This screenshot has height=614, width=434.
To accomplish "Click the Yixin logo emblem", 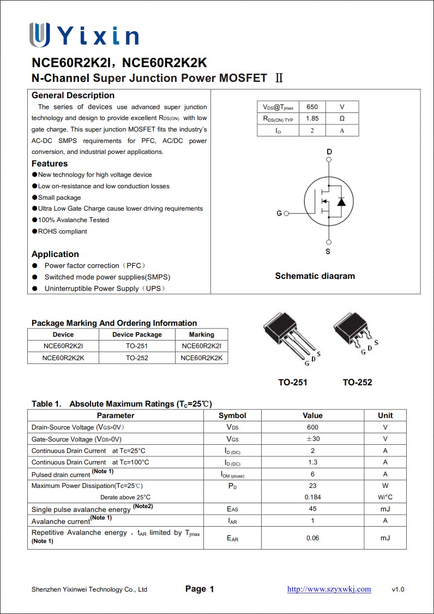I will coord(40,34).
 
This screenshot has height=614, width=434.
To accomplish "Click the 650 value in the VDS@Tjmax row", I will coord(312,107).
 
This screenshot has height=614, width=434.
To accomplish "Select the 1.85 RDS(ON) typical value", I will coord(312,118).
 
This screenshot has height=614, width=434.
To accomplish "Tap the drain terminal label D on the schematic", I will coord(329,151).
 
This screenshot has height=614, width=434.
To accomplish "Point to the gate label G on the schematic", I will coord(279,213).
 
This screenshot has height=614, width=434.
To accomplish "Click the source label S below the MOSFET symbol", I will coord(328,252).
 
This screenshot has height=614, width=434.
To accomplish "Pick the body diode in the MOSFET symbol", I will coord(341,202).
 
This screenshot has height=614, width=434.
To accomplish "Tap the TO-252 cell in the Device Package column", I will coord(137,358).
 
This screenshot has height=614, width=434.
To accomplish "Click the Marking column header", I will coord(202,335).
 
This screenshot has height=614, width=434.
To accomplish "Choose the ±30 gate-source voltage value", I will coord(312,439).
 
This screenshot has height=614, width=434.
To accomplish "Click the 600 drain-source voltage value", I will coord(312,427).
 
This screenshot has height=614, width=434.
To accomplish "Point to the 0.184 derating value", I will coord(312,497).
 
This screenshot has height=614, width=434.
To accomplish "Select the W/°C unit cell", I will coord(385,497).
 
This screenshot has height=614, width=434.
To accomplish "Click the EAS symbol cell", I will coord(232,509).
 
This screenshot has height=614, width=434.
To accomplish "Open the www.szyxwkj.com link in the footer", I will coord(329,589).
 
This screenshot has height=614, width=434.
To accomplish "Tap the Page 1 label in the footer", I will coord(200,589).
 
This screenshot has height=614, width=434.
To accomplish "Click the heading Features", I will coord(50,164).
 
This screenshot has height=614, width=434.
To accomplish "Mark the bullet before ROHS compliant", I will coord(34,231).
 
